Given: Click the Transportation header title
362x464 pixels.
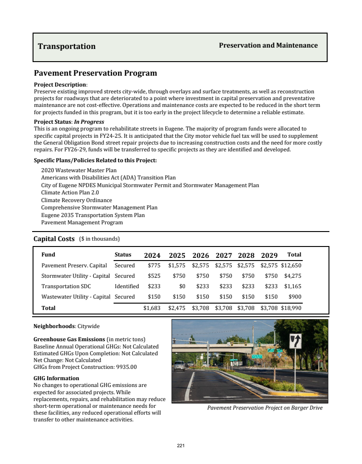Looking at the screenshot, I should coord(67,46).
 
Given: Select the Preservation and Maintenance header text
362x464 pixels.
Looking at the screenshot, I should coord(268,45).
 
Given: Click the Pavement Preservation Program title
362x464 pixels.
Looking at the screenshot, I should coord(95,73).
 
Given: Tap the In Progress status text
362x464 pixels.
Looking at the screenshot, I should coord(89,122).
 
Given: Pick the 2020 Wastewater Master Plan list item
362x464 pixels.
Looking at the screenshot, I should coord(79,170).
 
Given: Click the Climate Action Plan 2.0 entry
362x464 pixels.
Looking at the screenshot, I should coord(70,193).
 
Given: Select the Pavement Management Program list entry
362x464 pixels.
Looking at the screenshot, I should coord(82,222).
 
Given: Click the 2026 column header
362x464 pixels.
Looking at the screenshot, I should coord(200,255).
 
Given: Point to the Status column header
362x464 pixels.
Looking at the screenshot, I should coord(123,255).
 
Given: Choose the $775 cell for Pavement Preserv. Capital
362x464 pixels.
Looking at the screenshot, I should coord(154,266).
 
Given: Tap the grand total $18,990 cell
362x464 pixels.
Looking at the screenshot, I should coord(291,308).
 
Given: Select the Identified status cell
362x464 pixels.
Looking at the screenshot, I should coord(127,286).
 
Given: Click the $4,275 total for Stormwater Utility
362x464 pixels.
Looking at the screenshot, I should coord(293,276).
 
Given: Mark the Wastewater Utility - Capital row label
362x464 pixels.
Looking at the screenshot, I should coord(76,297).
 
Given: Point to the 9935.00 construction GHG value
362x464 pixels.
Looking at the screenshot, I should coord(127,367).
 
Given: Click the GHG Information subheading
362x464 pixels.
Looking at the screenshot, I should coord(57,378).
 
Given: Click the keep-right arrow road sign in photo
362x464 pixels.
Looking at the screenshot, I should coord(295,341).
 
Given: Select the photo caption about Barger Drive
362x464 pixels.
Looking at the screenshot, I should coord(265,408).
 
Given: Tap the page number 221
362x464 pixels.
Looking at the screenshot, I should coord(181,446).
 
